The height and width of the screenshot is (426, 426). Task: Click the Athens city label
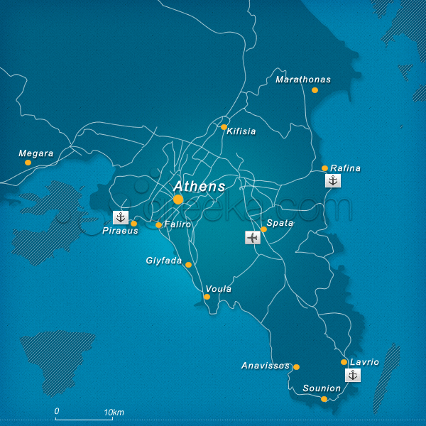coord(200,186)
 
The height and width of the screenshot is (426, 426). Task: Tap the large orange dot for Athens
coord(178,200)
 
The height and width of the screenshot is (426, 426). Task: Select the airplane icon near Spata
coord(252,237)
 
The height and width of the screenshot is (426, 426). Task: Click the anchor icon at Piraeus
coord(121,217)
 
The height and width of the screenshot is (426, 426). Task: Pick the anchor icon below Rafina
coord(333,180)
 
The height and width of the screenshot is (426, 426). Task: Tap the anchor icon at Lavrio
coord(352,375)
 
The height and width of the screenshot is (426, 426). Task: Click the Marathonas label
coord(303,80)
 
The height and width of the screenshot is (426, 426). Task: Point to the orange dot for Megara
coord(28,163)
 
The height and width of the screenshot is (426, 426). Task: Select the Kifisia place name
coord(241,131)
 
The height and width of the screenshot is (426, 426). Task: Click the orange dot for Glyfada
coord(188,265)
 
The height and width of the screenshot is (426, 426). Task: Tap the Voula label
coord(218,289)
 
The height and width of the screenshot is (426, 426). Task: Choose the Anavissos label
coord(266,366)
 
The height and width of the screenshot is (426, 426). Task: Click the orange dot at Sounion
coord(324,399)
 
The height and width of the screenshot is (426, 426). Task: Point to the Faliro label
coord(177,224)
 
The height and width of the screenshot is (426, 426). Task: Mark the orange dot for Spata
coord(263,229)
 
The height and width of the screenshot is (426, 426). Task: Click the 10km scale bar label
coord(114,412)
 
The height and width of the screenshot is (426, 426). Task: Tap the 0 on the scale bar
coord(57,411)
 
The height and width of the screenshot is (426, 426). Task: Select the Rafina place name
coord(346,168)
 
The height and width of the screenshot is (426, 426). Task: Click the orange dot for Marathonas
coord(315,90)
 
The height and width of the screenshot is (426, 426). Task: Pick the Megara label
coord(36,153)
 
